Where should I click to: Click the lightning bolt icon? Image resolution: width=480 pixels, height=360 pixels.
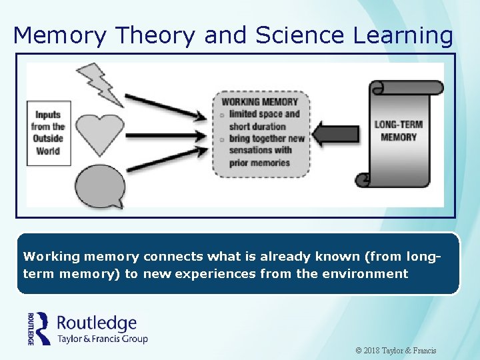click(x=101, y=83)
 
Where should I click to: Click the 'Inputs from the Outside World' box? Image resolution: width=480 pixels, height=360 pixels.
click(x=48, y=132)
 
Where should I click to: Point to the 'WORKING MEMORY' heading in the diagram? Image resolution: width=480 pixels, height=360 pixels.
click(x=259, y=102)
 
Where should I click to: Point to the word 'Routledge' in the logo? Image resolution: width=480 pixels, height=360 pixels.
click(x=97, y=323)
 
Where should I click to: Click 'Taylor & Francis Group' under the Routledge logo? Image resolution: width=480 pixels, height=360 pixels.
click(x=102, y=339)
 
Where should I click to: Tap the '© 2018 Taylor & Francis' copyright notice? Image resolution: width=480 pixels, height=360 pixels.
click(x=396, y=350)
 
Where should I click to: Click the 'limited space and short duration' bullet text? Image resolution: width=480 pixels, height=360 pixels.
click(x=265, y=120)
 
